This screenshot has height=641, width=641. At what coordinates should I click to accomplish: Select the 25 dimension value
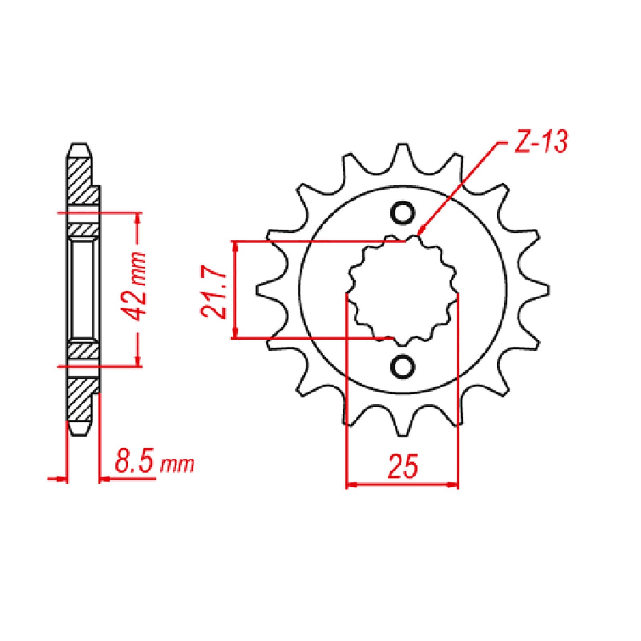click(403, 466)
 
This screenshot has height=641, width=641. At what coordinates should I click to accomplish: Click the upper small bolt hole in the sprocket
click(402, 213)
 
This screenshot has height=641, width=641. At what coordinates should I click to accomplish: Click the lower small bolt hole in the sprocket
click(402, 365)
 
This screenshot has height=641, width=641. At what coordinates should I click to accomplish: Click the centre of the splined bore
click(402, 289)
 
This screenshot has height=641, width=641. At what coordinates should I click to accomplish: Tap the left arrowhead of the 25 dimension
click(349, 485)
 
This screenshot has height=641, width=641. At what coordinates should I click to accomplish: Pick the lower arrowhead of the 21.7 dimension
click(236, 336)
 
